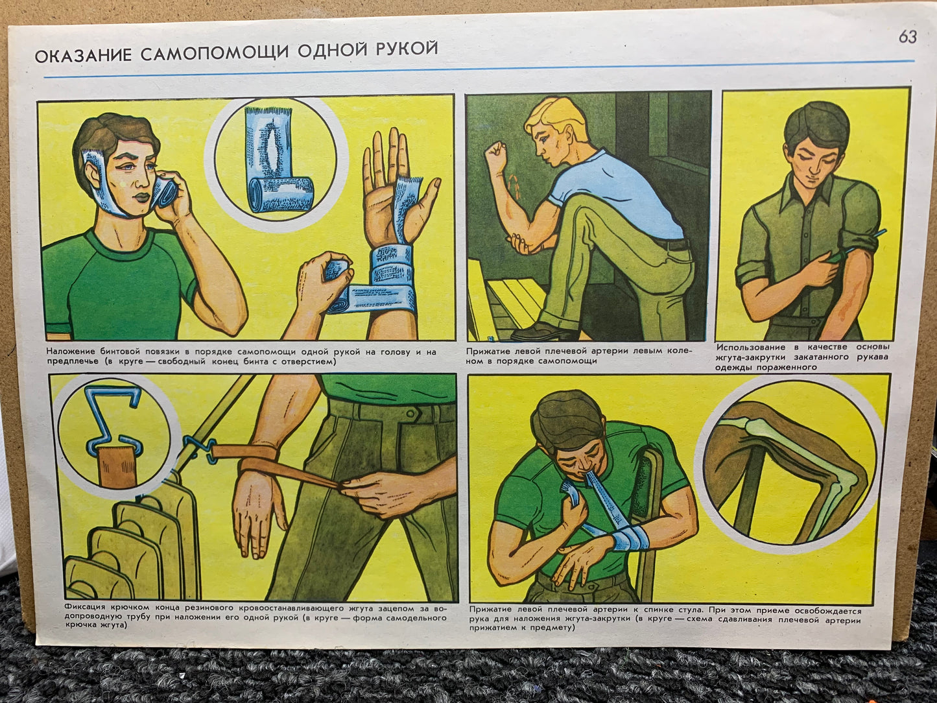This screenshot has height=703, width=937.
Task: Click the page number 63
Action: click(908, 37)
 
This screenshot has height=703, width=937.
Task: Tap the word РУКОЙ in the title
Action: click(407, 48)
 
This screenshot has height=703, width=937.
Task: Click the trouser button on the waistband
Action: click(410, 413)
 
